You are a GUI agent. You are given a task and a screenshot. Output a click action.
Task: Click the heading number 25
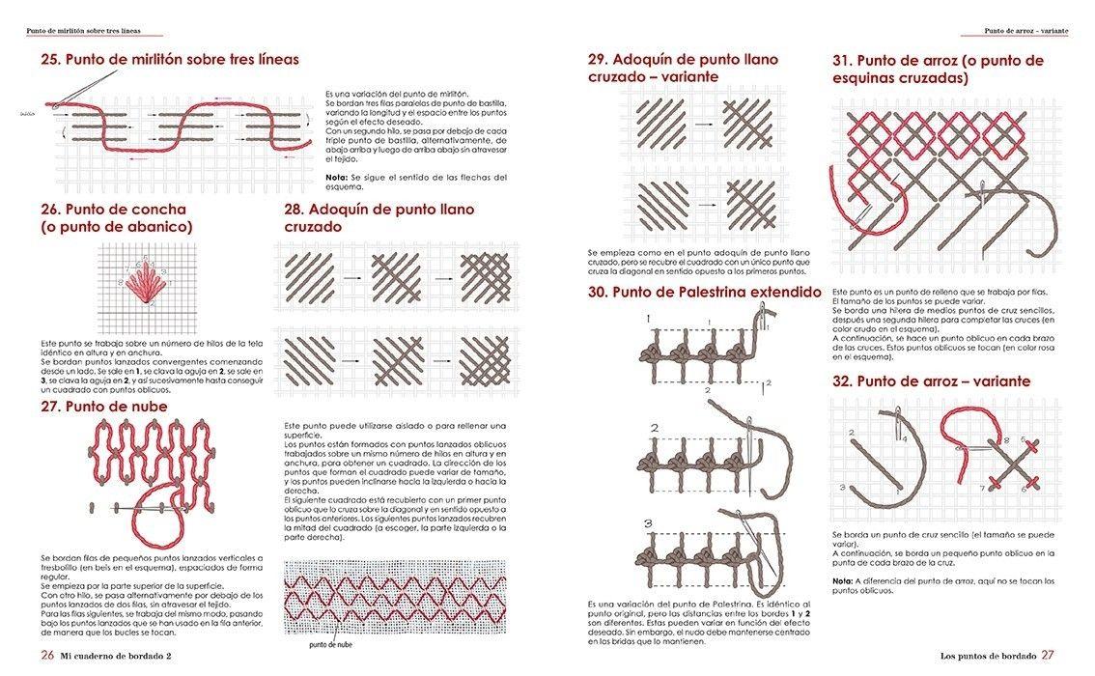pos(50,60)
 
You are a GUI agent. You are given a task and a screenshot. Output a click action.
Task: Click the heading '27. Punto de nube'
pos(104,407)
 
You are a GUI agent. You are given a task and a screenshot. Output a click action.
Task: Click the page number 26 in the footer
pos(47,656)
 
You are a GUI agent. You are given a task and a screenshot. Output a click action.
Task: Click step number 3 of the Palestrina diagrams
pos(649,524)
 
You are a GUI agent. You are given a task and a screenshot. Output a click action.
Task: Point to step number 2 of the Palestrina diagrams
pos(654,428)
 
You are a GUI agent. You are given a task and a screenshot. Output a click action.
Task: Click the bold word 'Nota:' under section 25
pos(337,178)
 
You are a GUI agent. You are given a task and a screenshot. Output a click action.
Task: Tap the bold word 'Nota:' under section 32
pos(843,580)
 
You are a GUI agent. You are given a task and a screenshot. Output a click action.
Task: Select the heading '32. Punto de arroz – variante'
pos(931,381)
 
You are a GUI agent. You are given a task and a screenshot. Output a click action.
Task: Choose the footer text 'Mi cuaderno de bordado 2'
pos(123,657)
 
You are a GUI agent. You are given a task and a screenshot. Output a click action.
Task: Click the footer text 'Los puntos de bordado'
pos(988,657)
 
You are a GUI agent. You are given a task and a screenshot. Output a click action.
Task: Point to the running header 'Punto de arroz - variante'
pos(1025,31)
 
